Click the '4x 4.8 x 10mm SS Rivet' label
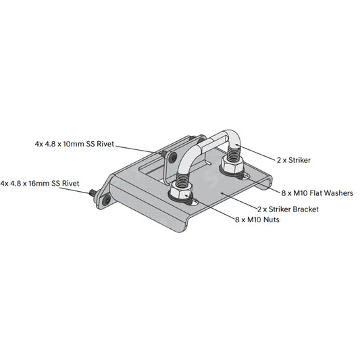click(x=74, y=144)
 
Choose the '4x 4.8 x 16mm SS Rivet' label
click(x=41, y=183)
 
